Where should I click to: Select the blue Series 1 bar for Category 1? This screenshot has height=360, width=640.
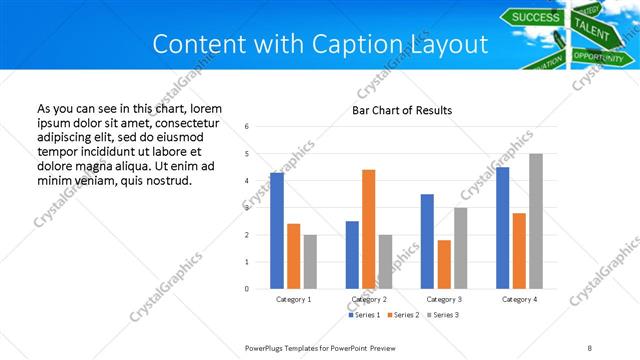pos(277,231)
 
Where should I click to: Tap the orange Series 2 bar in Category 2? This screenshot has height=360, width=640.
pos(368,229)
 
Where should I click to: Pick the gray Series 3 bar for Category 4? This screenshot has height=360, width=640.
pos(536,221)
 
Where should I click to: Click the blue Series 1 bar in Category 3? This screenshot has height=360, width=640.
pos(427,241)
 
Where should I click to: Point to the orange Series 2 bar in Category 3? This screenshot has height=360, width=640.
pos(444,264)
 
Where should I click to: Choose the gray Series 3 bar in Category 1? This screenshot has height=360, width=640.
pos(311,262)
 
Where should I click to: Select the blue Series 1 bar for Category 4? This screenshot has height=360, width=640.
pos(502,228)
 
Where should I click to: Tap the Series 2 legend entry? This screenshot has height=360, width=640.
pos(403,315)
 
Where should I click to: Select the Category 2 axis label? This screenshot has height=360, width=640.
pos(369,299)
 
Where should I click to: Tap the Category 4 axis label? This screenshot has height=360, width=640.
pos(519,299)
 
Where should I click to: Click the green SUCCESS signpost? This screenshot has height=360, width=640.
pos(535,17)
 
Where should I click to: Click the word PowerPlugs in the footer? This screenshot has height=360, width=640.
pos(266,348)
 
